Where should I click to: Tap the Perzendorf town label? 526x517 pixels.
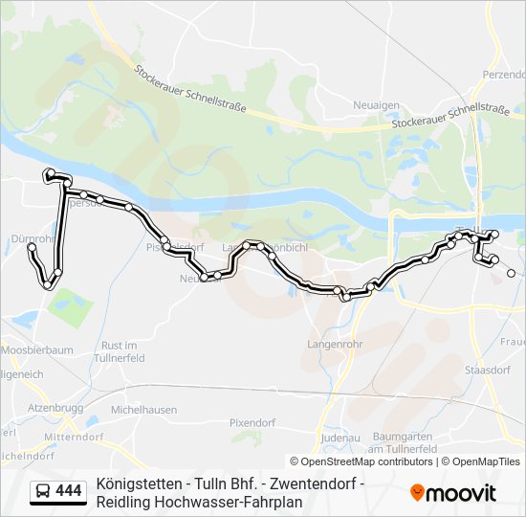(504, 74)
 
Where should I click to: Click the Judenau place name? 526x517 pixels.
(341, 437)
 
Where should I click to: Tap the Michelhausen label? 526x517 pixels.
(143, 409)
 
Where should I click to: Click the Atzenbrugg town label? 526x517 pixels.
(55, 408)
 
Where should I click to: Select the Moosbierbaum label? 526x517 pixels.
(39, 350)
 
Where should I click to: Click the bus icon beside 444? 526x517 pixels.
(43, 491)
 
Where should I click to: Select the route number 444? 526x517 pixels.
(69, 491)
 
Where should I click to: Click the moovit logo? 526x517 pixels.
(453, 492)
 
